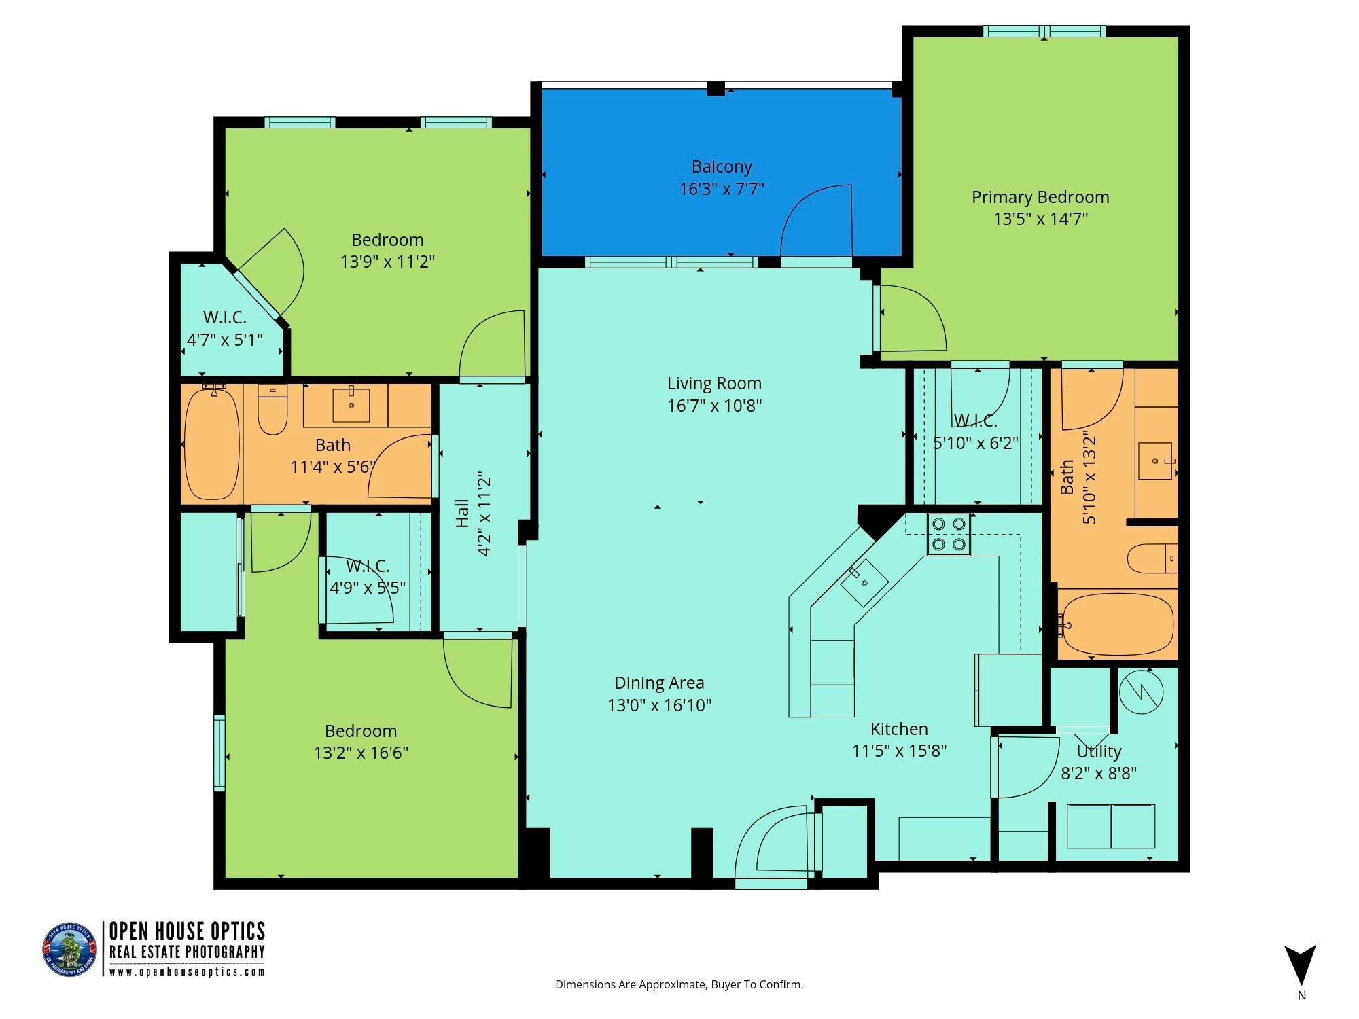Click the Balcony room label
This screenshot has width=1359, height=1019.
(722, 166)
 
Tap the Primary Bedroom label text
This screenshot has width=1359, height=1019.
(1040, 197)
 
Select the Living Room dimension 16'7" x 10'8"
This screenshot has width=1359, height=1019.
(714, 406)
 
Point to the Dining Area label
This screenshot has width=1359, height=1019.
(659, 683)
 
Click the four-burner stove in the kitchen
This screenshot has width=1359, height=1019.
(949, 535)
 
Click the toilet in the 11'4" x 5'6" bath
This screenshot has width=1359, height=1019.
(272, 410)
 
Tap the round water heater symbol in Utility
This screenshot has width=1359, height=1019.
(1141, 692)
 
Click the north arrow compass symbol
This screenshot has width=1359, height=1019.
(1300, 965)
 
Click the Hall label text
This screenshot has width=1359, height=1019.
(462, 514)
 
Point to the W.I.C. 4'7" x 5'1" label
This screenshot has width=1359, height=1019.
(225, 328)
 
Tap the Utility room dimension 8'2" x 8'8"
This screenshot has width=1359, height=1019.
(1099, 773)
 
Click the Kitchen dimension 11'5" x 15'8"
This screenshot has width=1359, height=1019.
(900, 751)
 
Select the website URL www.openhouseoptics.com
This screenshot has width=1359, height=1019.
(188, 971)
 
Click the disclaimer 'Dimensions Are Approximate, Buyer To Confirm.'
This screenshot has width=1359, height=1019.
(679, 984)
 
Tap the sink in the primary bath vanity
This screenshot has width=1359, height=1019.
(1156, 461)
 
